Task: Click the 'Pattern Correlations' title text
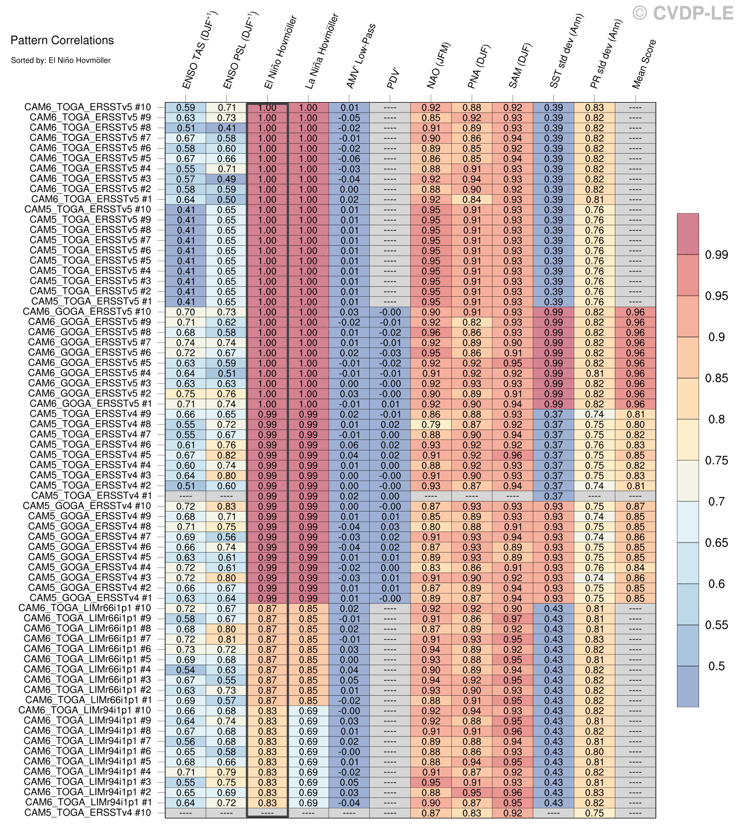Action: coord(62,40)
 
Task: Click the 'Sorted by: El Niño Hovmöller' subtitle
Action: coord(61,60)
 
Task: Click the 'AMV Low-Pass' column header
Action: coord(361,56)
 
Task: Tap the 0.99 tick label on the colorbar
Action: coord(716,255)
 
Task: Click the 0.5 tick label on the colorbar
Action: coord(716,666)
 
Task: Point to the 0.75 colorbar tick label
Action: coord(716,460)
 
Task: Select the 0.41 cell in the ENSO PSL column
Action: coord(227,128)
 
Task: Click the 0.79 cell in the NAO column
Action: coord(431,424)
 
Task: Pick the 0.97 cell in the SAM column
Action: coord(513,619)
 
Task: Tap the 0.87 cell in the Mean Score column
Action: coord(635,507)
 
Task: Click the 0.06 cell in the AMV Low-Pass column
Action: coord(349,445)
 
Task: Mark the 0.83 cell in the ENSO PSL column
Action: coord(227,507)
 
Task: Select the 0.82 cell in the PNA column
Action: coord(472,322)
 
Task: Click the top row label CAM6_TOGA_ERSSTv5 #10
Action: coord(88,108)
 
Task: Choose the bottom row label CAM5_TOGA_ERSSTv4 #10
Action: coord(88,813)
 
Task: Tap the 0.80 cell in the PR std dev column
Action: coord(595,752)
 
